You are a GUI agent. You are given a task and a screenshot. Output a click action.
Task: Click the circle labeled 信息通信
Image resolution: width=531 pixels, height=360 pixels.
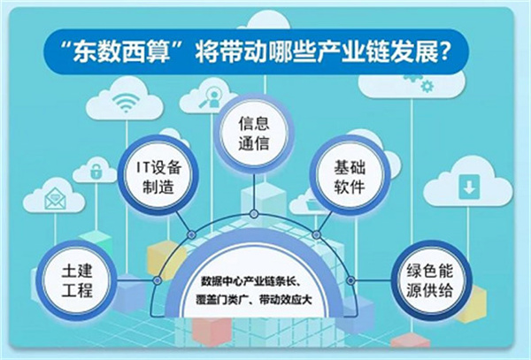254,133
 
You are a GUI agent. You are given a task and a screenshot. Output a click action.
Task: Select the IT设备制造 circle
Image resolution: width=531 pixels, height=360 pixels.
158,175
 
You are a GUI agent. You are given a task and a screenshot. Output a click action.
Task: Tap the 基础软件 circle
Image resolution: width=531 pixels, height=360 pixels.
350,175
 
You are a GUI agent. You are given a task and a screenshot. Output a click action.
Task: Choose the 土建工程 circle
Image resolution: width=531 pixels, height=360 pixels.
76,280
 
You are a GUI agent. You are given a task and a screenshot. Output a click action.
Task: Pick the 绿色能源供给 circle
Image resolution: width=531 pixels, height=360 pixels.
429,280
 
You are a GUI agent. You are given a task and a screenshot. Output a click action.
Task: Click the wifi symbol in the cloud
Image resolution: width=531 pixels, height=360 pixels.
126,102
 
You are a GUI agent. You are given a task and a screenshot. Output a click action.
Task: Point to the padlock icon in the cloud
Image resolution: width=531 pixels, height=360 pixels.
96,171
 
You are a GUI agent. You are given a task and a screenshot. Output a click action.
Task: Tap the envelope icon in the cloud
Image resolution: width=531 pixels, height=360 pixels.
55,198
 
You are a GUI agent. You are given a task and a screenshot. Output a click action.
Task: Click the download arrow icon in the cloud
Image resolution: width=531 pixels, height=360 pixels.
469,186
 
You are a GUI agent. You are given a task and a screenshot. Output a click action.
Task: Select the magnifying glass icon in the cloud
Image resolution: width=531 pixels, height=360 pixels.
210,97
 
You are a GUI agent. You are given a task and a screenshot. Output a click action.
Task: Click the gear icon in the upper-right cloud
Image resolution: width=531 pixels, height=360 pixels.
427,87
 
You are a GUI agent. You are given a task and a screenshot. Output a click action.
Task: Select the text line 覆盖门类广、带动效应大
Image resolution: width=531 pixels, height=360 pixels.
254,300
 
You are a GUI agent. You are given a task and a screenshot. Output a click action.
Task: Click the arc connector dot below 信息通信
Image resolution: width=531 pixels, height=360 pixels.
254,214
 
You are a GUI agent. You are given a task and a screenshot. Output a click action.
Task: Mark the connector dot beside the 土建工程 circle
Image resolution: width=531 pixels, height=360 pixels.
157,280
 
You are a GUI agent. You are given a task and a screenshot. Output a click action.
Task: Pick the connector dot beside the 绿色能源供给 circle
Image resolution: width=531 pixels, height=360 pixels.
350,280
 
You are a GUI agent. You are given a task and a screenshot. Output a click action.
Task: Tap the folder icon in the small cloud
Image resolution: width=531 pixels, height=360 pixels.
312,204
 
